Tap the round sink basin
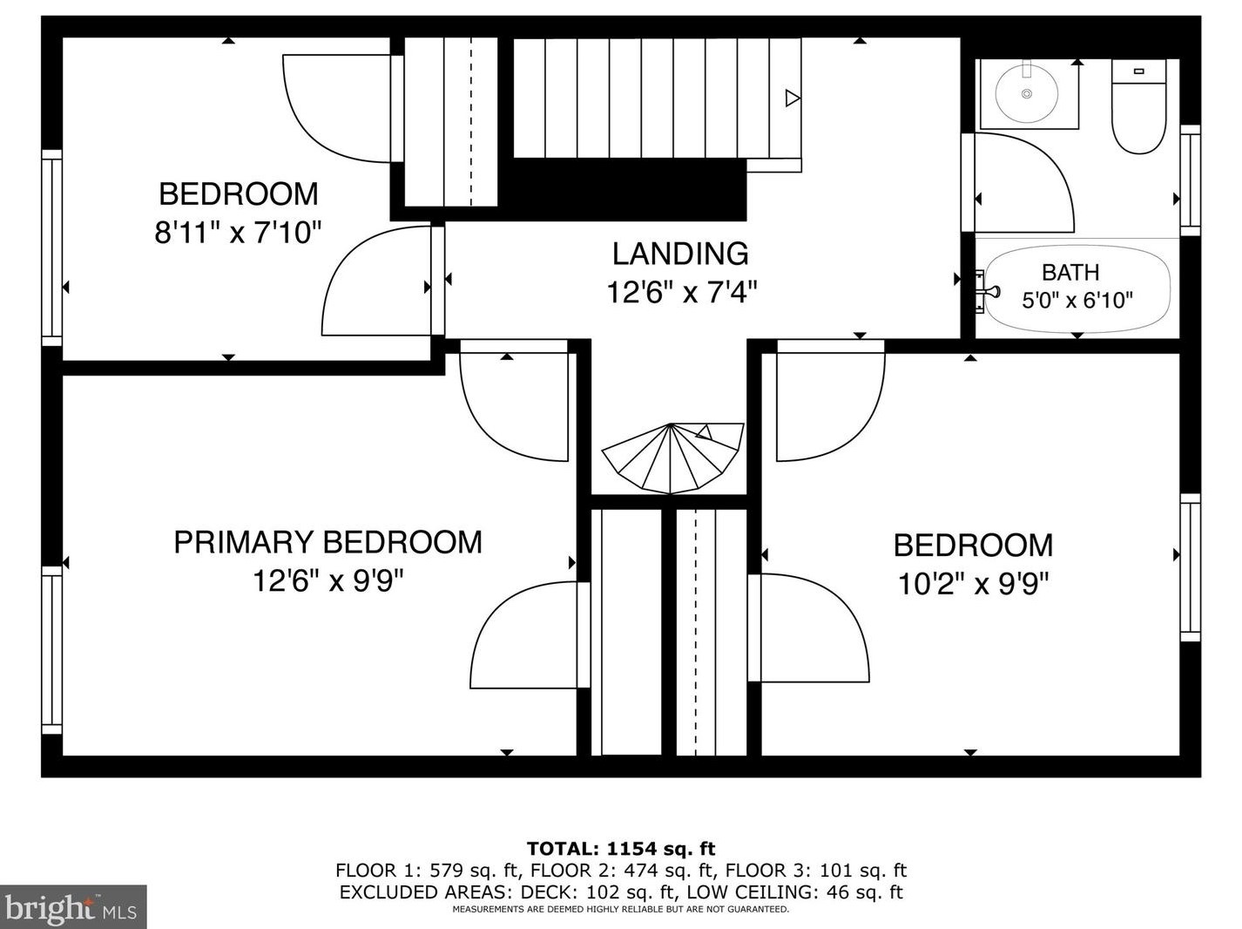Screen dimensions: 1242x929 [1026, 93]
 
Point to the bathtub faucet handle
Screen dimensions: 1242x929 [990, 292]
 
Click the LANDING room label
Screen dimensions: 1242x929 [680, 254]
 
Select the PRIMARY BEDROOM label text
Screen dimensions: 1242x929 [327, 542]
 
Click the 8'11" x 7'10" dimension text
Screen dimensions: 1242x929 [238, 232]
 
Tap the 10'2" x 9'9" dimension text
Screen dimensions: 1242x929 [973, 584]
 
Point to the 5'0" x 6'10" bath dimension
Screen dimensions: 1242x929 [1077, 300]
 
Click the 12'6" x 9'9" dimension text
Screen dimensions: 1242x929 [327, 580]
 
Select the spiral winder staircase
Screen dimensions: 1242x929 [672, 458]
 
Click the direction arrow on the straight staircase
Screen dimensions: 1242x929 [793, 98]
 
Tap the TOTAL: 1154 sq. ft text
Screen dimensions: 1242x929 [621, 849]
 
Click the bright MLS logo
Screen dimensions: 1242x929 [73, 907]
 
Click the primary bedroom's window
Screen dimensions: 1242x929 [52, 650]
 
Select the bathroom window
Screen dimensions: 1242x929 [1191, 180]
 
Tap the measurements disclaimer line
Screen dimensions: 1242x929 [621, 909]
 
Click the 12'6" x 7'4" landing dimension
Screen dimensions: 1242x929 [681, 293]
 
